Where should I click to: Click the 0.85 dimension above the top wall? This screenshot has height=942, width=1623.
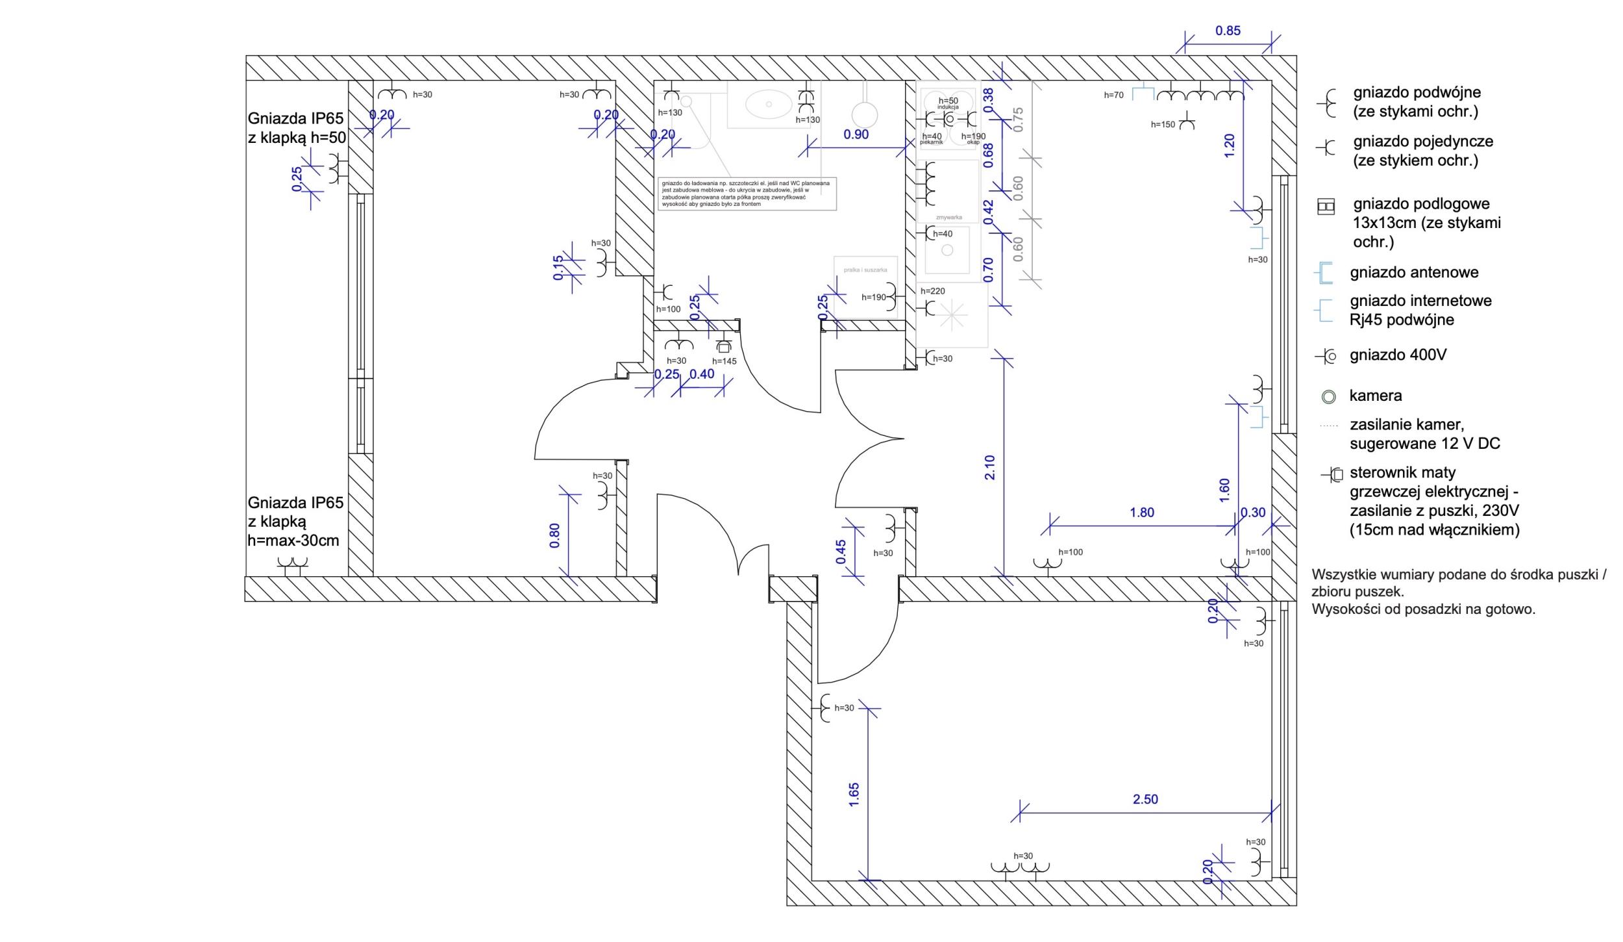(1228, 31)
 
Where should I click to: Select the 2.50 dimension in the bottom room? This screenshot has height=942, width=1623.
(1145, 799)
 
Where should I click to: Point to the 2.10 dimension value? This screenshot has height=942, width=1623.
(990, 467)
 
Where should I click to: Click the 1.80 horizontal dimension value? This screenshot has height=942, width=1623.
(1142, 513)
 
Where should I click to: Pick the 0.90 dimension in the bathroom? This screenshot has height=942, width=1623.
(856, 135)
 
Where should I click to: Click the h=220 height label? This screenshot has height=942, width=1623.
(932, 291)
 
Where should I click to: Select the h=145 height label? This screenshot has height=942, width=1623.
(724, 361)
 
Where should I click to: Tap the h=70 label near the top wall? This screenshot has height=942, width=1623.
(1113, 95)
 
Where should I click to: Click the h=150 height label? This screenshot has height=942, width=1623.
(1163, 125)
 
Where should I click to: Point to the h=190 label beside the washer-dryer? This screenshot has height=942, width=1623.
(874, 298)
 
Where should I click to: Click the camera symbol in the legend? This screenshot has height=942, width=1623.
(1329, 396)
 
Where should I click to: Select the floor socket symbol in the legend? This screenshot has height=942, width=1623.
(1325, 207)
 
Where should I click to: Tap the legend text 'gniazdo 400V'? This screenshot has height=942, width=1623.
(1398, 355)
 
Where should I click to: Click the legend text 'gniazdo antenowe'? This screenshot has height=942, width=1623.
(1414, 273)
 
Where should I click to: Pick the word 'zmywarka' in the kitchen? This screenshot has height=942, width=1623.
(948, 218)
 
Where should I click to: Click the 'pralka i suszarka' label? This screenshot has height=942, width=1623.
(865, 270)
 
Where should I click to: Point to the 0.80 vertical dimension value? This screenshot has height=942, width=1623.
(554, 535)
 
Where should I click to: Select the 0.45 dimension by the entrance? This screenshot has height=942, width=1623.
(841, 552)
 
